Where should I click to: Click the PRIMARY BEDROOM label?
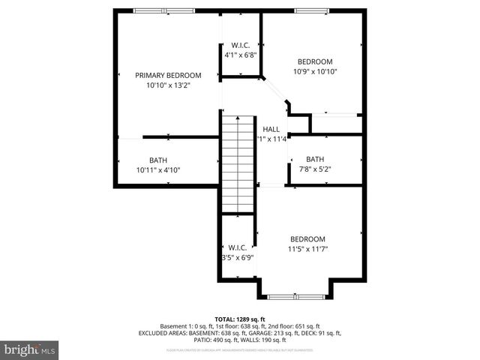(168, 75)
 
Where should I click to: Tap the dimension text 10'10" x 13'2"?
(168, 85)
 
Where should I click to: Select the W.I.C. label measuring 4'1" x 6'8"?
(241, 44)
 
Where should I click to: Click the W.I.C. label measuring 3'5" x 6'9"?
(238, 247)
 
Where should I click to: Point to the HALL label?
(271, 130)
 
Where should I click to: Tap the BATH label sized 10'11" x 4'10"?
(157, 160)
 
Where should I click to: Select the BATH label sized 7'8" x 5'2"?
(315, 159)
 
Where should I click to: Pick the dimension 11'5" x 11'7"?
(308, 249)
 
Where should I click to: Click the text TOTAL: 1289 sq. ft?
(240, 319)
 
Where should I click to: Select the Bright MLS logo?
(30, 349)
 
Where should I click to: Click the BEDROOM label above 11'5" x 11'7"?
(308, 238)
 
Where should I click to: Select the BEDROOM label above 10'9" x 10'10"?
(314, 61)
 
